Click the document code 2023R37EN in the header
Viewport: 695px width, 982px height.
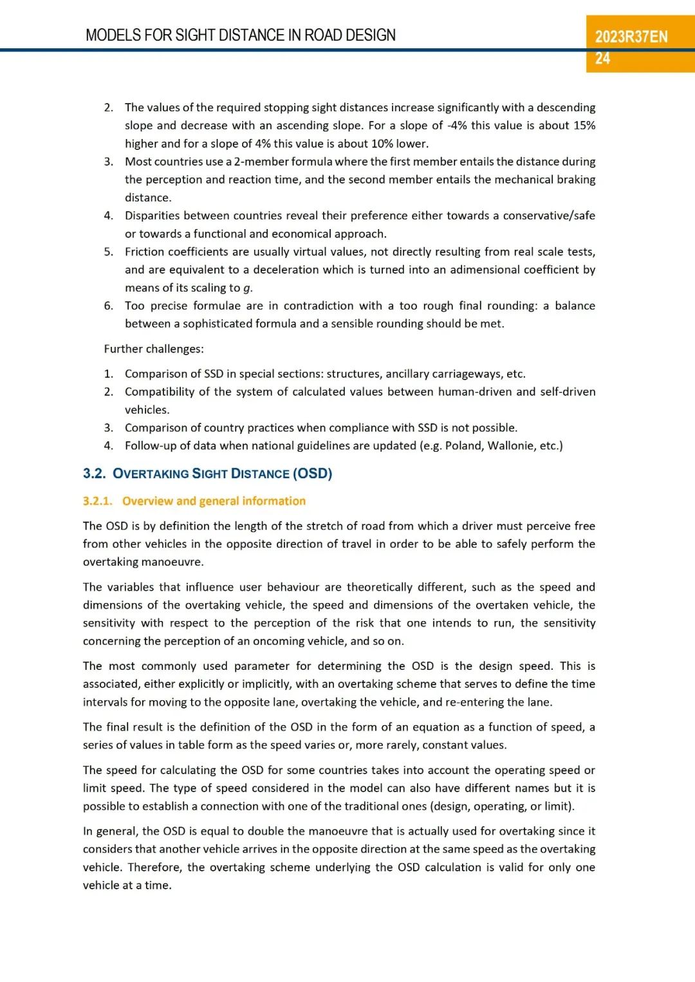click(631, 37)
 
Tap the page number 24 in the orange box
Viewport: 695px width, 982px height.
click(602, 59)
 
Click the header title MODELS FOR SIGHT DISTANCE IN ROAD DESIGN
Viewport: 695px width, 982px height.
click(241, 35)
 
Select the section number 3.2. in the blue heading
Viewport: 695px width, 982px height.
click(94, 474)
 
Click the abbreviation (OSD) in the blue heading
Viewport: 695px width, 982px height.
click(312, 474)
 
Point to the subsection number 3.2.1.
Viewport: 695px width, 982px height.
click(97, 501)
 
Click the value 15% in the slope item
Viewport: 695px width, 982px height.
click(584, 125)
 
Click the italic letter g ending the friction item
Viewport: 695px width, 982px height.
click(247, 288)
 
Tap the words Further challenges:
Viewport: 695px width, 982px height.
click(154, 349)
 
